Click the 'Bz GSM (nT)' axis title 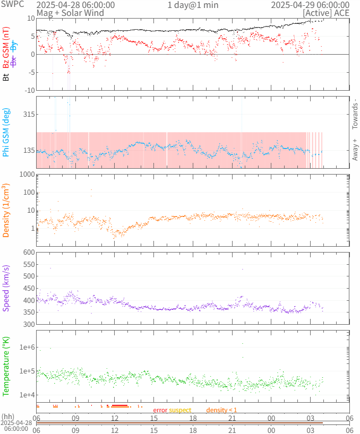click(x=6, y=47)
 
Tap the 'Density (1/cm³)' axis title click(x=6, y=210)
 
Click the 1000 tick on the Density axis click(x=26, y=175)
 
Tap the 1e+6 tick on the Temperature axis click(x=26, y=348)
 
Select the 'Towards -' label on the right click(x=355, y=114)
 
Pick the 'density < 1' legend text click(x=221, y=410)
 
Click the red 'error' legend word click(x=160, y=410)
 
